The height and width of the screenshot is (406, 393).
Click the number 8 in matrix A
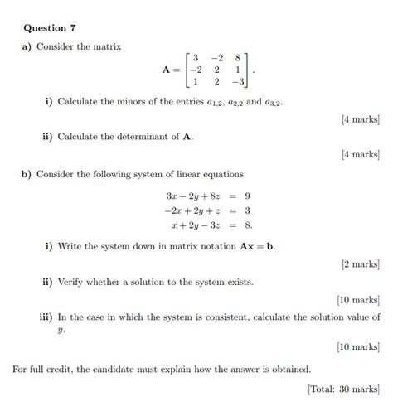point(238,58)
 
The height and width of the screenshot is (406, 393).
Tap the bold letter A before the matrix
point(167,70)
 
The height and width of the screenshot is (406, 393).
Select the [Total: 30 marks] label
point(343,388)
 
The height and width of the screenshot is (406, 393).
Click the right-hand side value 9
point(248,196)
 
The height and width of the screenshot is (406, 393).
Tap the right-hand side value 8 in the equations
point(249,224)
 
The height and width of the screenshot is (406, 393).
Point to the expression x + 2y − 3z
point(198,224)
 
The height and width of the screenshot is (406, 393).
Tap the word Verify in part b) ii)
point(71,282)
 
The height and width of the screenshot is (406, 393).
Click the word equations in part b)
point(222,174)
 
